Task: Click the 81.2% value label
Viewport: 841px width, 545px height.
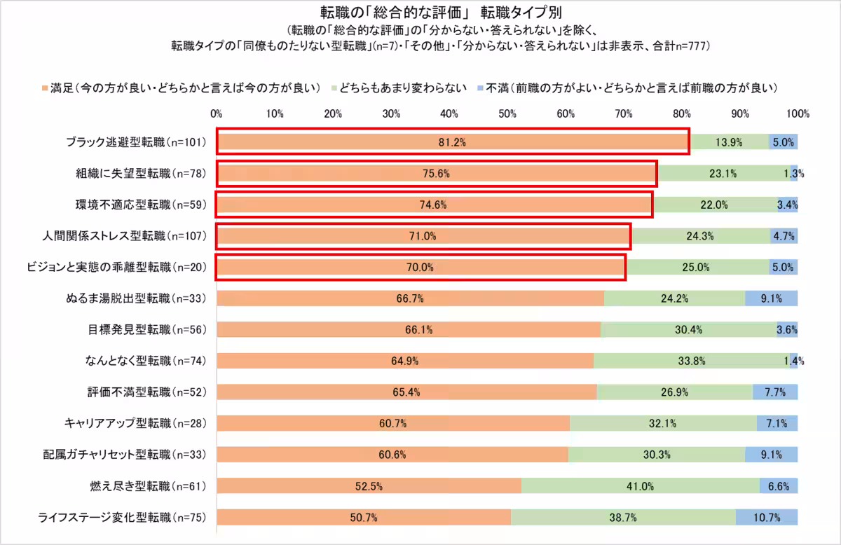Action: [452, 142]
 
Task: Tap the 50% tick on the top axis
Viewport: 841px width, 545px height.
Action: [507, 113]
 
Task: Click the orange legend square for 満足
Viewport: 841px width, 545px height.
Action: [46, 88]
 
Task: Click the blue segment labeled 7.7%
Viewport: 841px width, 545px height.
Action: [774, 392]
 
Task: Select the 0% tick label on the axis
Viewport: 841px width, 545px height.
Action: [217, 113]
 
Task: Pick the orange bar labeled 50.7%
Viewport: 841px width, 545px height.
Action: [364, 518]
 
